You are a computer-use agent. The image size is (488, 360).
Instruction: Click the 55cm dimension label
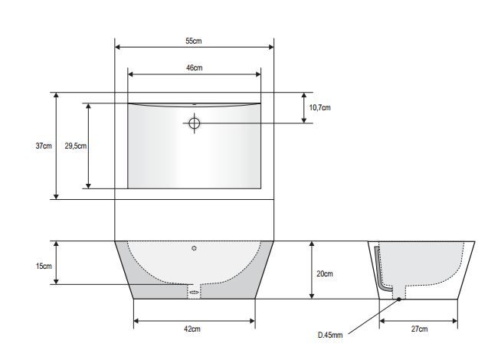[x=194, y=41]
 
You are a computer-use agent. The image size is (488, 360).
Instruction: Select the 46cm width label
[x=195, y=67]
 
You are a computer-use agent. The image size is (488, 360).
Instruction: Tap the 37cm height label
[x=44, y=146]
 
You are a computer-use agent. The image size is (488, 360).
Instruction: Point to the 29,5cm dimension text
[x=76, y=146]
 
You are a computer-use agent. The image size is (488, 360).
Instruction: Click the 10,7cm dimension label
[x=320, y=108]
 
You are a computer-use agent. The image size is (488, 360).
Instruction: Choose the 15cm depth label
[x=44, y=266]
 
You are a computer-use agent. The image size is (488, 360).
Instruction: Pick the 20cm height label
[x=325, y=273]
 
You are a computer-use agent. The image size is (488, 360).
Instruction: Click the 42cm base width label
[x=192, y=329]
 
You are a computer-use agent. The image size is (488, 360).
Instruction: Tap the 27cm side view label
[x=419, y=329]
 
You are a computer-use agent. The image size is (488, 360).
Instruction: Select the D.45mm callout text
[x=330, y=335]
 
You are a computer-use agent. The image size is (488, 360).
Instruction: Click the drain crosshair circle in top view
[x=195, y=123]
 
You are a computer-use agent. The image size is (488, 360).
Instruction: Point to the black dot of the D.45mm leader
[x=399, y=299]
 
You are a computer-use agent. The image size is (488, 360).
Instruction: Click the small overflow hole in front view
[x=195, y=248]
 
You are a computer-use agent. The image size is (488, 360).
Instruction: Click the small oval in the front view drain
[x=195, y=292]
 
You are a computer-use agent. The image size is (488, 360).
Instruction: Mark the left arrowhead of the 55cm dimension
[x=118, y=47]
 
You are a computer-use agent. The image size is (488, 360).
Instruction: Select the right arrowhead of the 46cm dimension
[x=258, y=74]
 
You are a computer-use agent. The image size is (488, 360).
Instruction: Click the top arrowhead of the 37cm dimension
[x=56, y=95]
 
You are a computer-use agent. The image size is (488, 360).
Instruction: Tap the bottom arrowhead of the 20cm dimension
[x=312, y=296]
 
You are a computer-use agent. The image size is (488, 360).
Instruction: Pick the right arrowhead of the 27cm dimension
[x=455, y=321]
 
